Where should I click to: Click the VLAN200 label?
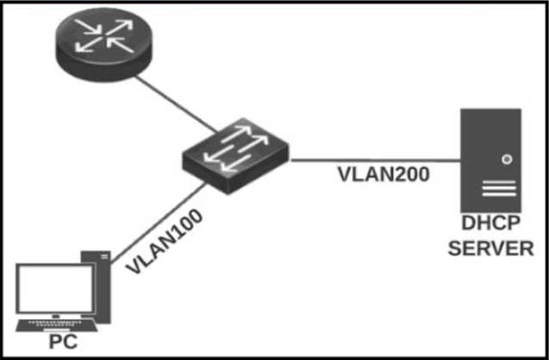pos(383,175)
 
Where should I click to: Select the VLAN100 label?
pos(164,242)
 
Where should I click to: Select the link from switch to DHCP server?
pos(376,161)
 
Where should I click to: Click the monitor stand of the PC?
pos(56,316)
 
